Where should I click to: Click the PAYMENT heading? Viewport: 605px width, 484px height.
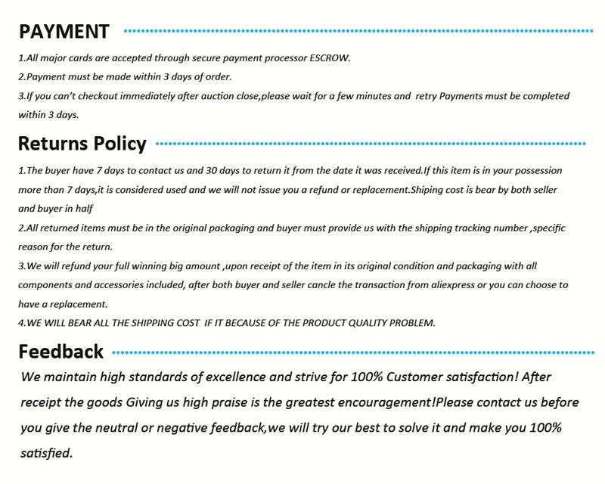[64, 31]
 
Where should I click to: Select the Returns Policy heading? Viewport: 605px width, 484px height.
[82, 143]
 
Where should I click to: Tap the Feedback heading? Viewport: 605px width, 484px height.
[60, 351]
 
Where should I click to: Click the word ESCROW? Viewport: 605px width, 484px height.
[330, 58]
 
